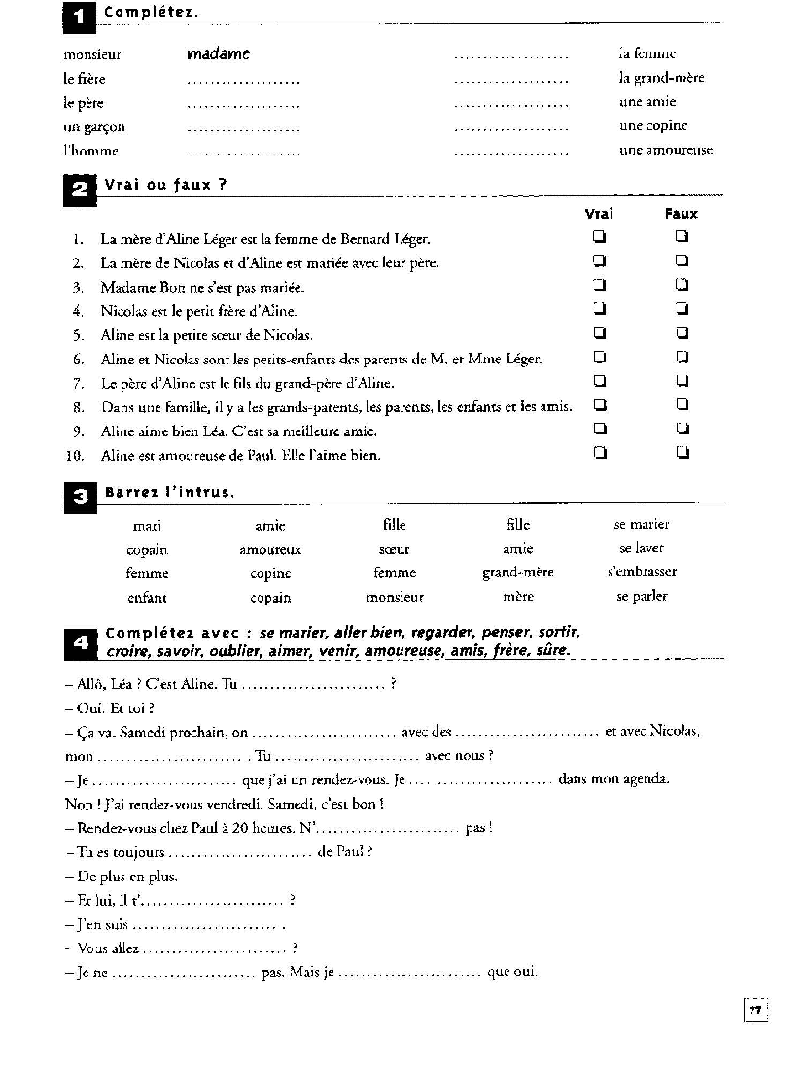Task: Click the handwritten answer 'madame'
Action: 218,54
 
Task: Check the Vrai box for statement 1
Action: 600,237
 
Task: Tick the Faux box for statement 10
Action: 682,453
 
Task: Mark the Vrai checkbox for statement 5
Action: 600,333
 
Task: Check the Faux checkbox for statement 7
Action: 682,381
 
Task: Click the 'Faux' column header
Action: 682,214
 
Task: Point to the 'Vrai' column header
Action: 599,214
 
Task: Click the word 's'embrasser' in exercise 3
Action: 641,572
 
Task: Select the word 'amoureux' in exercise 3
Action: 270,549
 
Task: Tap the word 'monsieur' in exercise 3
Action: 395,597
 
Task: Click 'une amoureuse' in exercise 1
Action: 666,150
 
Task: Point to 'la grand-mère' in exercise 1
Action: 661,78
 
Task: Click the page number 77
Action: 754,1010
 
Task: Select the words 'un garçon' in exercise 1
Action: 94,126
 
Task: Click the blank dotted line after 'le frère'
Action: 243,81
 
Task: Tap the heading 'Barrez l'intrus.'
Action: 169,492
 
